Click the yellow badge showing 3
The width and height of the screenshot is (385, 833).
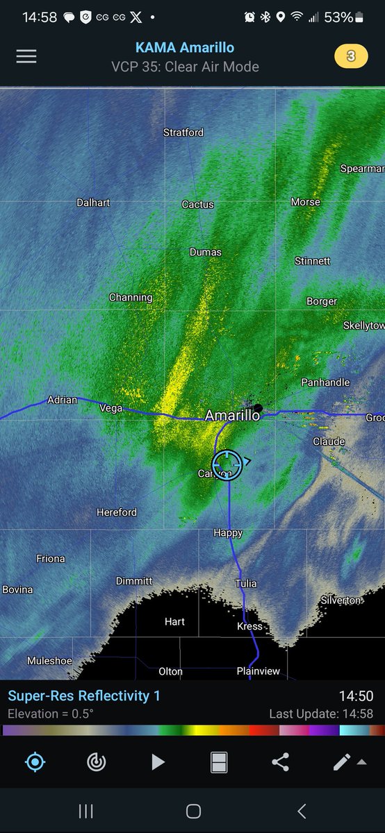351,56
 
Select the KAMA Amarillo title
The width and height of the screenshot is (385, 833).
185,48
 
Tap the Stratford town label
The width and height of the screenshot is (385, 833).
183,132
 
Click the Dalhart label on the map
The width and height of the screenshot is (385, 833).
93,203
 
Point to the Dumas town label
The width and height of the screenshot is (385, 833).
206,252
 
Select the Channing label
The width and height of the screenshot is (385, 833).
131,297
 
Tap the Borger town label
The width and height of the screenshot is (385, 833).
322,301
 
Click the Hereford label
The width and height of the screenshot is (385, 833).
117,512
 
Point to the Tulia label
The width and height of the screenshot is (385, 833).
246,583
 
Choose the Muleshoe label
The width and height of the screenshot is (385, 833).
49,661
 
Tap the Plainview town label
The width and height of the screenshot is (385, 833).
258,671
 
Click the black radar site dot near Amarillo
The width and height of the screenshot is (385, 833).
258,408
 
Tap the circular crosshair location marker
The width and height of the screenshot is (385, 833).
227,463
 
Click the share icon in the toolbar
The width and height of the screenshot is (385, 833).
280,762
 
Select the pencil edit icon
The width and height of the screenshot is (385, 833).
341,762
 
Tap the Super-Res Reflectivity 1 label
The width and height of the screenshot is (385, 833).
84,696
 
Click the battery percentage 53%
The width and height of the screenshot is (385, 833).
339,17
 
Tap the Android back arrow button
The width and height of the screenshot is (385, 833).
302,811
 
